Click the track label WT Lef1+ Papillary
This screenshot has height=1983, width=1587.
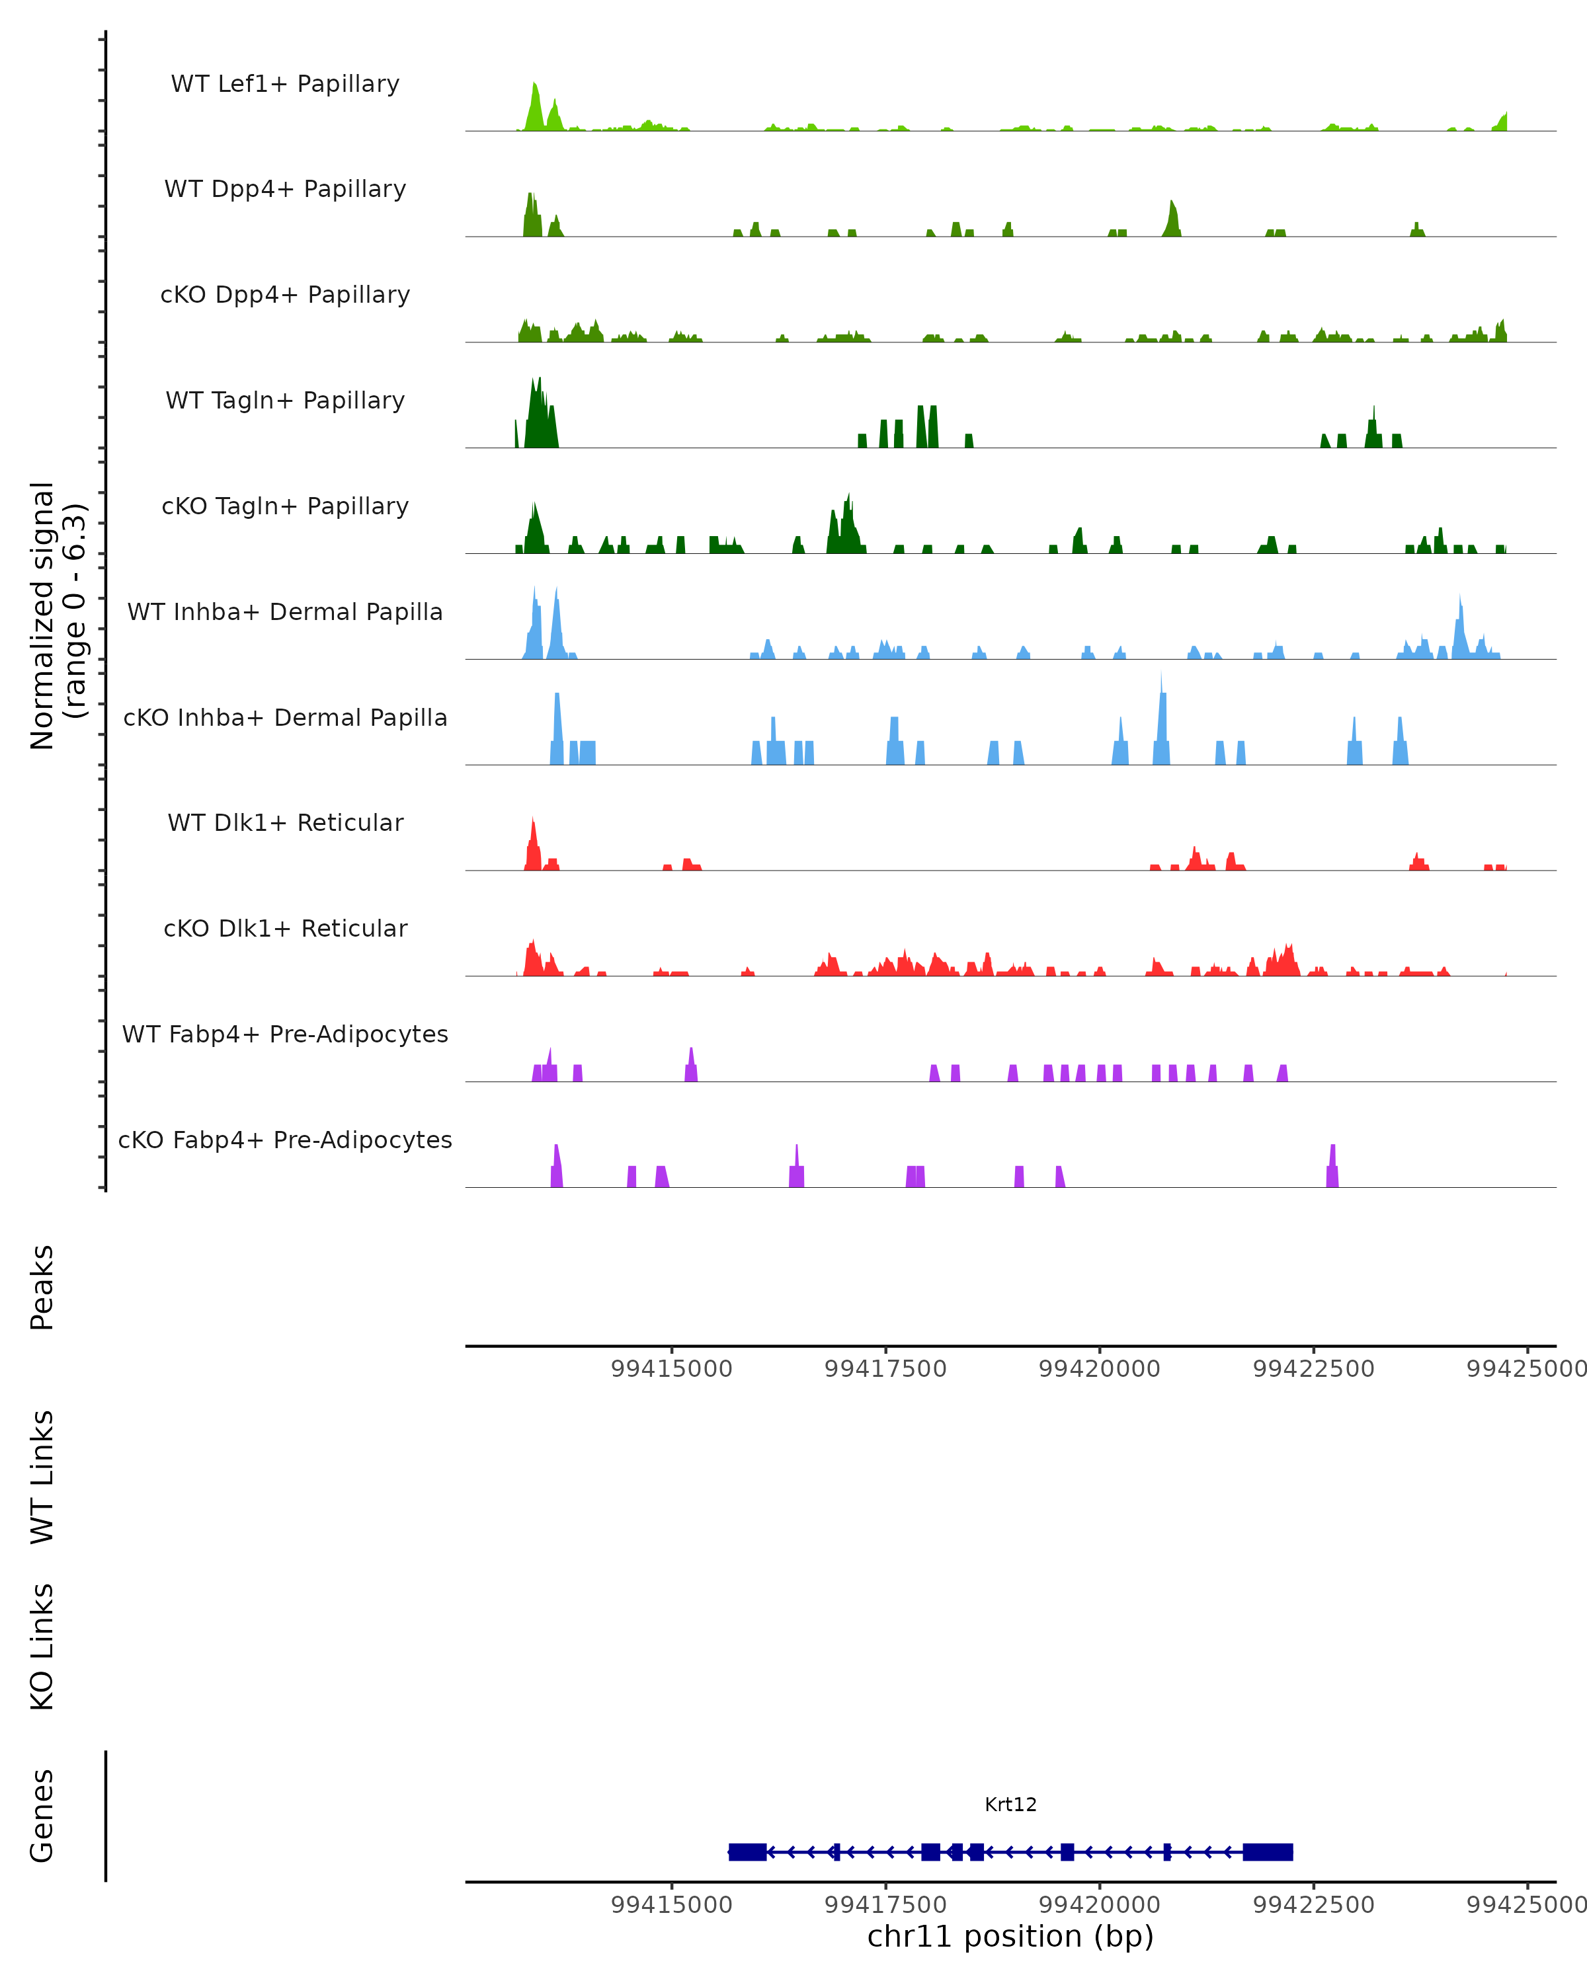pos(285,84)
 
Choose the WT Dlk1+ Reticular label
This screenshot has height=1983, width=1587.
pos(285,822)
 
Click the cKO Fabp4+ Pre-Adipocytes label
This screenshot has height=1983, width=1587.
pos(285,1140)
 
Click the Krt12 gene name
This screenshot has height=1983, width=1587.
pos(1010,1805)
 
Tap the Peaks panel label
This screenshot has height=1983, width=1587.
pos(42,1287)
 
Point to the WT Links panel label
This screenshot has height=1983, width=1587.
pos(42,1476)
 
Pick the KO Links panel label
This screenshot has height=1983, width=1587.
pos(42,1647)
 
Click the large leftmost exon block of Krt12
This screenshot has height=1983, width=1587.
pos(747,1851)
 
